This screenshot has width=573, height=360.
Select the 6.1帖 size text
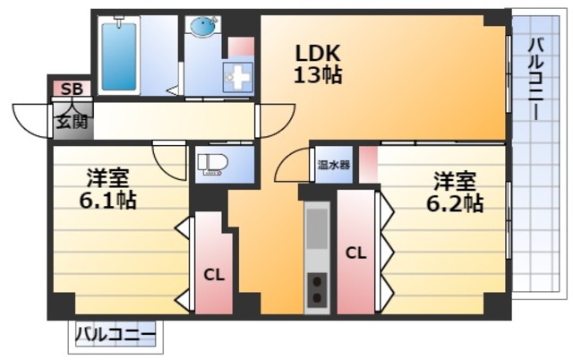pyautogui.click(x=107, y=201)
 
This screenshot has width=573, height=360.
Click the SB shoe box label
pyautogui.click(x=70, y=89)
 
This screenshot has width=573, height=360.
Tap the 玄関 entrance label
pyautogui.click(x=71, y=122)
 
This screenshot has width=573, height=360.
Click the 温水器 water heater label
pyautogui.click(x=333, y=165)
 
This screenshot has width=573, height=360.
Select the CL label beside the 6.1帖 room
pyautogui.click(x=213, y=275)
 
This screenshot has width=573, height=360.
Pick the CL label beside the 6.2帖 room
pyautogui.click(x=355, y=253)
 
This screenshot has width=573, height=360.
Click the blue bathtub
pyautogui.click(x=118, y=56)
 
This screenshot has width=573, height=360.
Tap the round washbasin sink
pyautogui.click(x=202, y=28)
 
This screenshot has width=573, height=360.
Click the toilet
pyautogui.click(x=213, y=164)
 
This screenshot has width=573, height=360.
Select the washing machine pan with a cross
pyautogui.click(x=240, y=77)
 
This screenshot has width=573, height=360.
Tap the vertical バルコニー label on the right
pyautogui.click(x=535, y=81)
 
